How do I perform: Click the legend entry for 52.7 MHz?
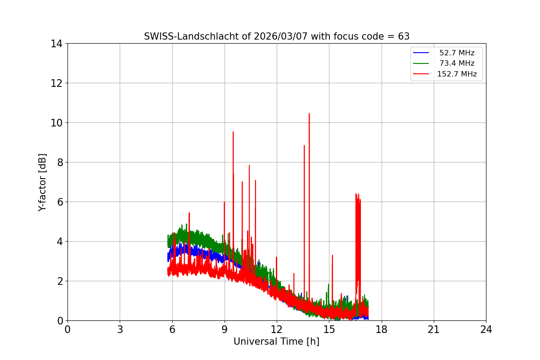point(457,53)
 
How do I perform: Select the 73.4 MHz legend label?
point(457,63)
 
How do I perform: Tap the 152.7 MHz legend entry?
point(457,74)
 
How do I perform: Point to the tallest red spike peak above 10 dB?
point(309,114)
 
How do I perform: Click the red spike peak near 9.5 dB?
point(233,132)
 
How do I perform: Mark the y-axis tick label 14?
point(56,44)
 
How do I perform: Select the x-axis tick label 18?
point(382,329)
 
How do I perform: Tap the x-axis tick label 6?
point(172,329)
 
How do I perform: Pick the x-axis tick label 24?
point(486,329)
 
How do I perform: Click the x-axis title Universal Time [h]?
point(276,342)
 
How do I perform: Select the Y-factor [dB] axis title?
point(43,182)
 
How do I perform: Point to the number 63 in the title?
point(404,36)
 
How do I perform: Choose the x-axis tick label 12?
point(277,329)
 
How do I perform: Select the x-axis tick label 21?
point(434,329)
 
